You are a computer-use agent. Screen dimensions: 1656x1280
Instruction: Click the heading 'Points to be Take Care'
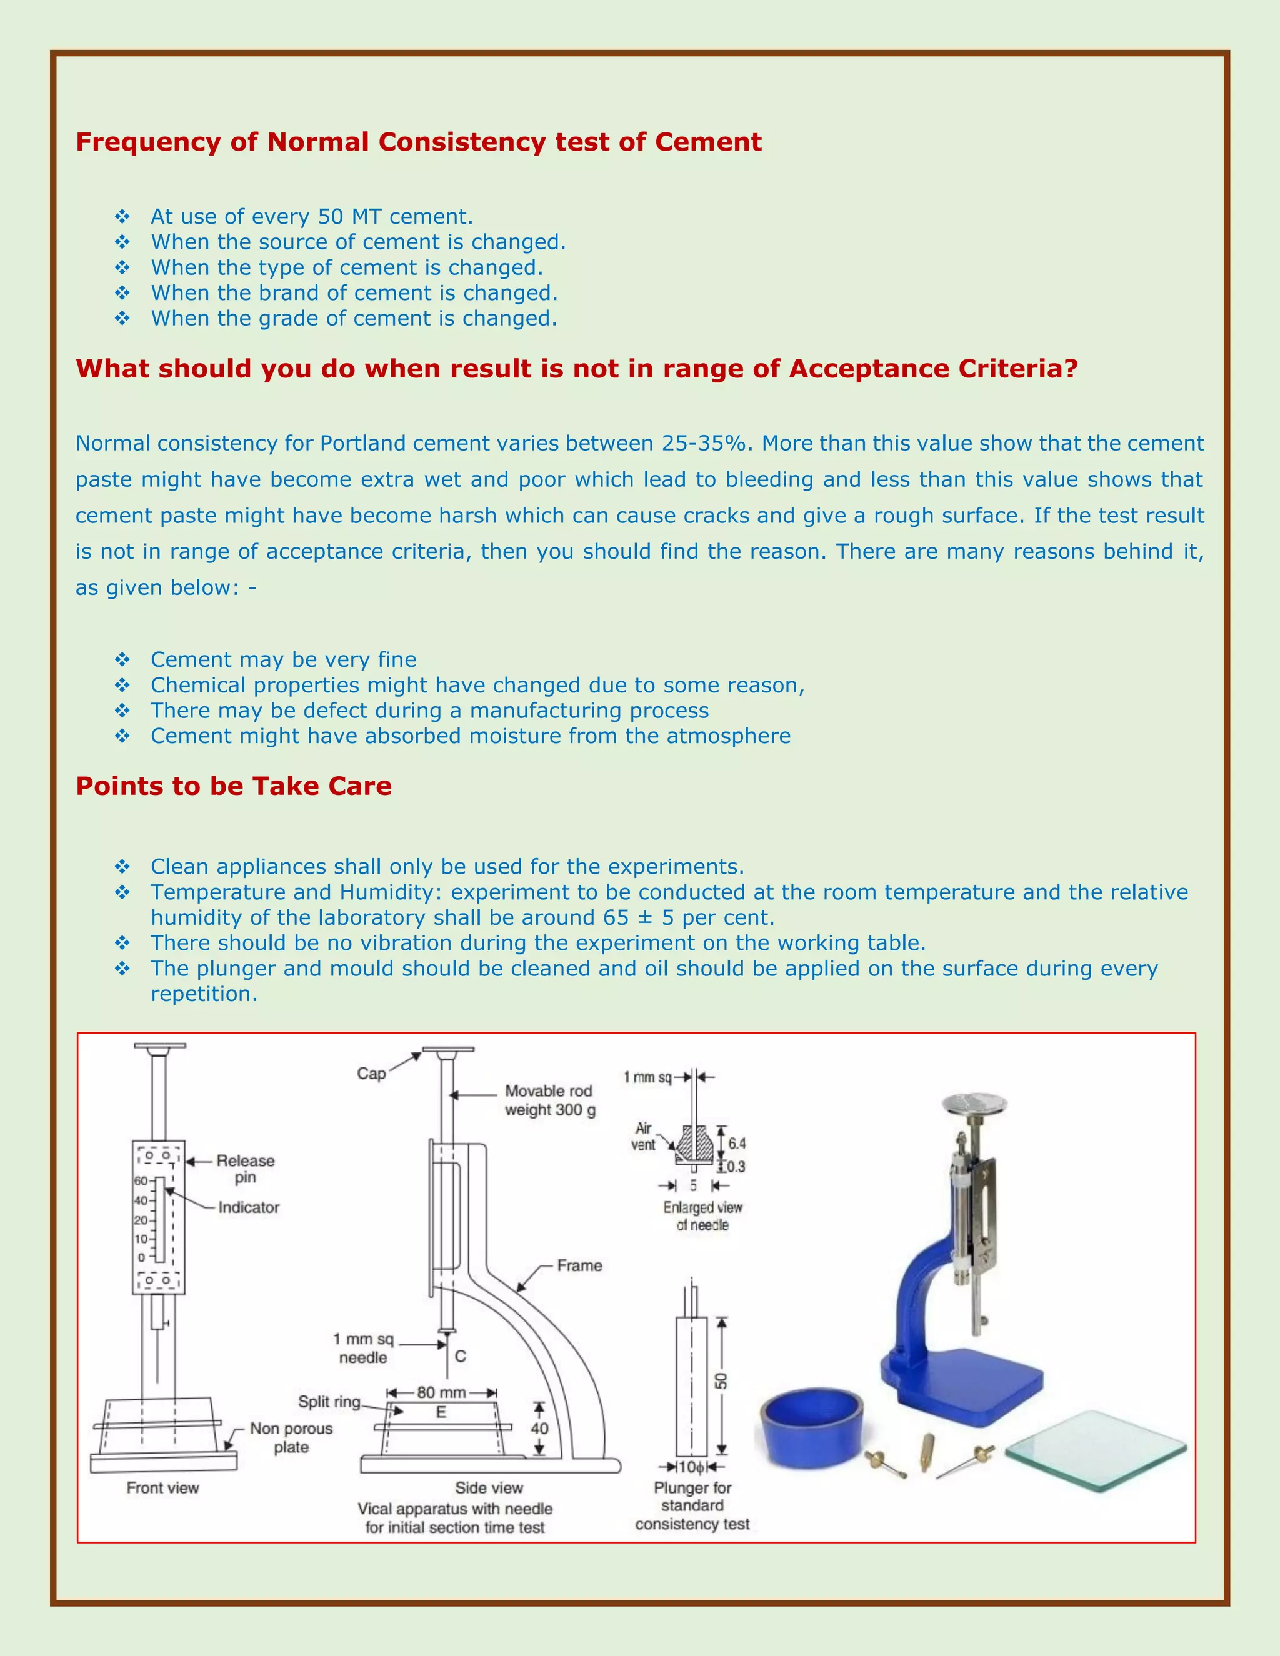point(234,786)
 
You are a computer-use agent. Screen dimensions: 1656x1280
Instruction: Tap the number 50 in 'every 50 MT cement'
point(330,217)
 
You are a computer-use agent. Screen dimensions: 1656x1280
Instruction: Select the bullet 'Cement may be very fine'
point(283,660)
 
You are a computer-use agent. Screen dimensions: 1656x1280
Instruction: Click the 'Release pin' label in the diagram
point(245,1169)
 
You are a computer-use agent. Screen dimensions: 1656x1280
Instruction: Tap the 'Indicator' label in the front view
point(249,1207)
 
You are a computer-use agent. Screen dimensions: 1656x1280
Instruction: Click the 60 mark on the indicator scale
point(141,1180)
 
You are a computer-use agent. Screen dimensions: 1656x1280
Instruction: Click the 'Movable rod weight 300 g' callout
point(550,1100)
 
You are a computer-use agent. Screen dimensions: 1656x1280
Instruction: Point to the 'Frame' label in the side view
point(579,1265)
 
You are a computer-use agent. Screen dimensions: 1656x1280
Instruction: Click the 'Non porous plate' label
point(291,1438)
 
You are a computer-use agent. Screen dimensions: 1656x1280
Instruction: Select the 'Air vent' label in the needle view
point(643,1137)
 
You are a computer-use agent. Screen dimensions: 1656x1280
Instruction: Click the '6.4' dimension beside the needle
point(736,1143)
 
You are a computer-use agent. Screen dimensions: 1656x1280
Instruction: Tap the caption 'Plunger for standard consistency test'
point(692,1506)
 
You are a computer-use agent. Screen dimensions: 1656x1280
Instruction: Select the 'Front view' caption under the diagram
point(162,1488)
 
